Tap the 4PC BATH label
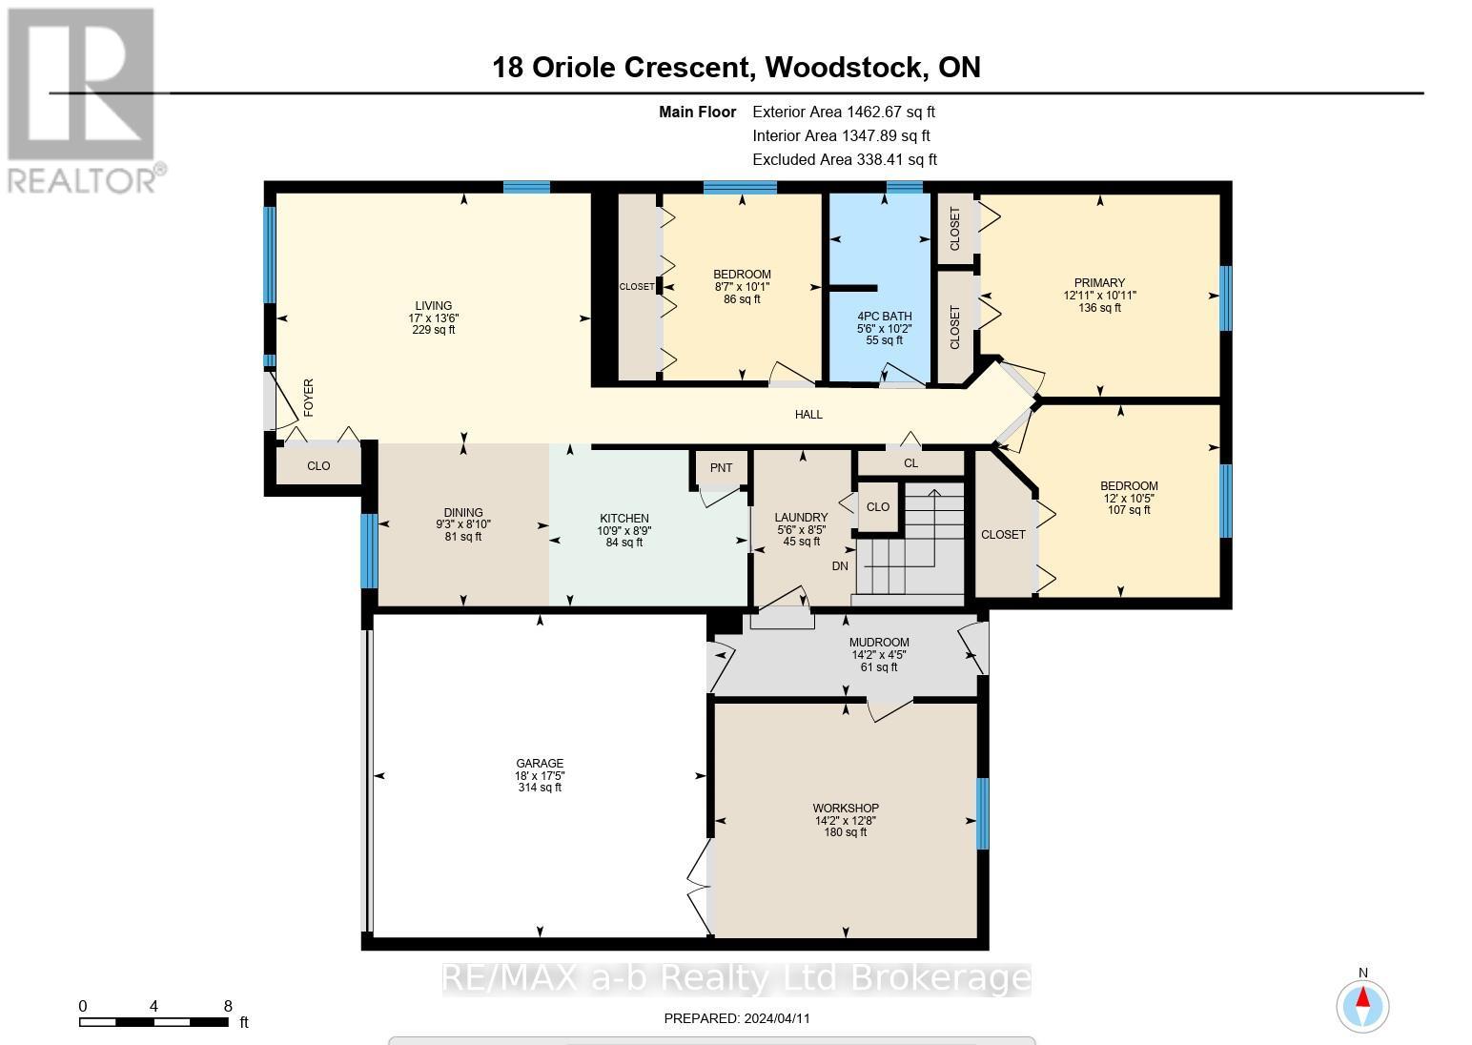pos(884,317)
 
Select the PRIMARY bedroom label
pos(1099,283)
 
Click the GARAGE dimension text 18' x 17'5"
pos(540,775)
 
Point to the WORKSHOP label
pos(846,809)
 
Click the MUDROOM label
pos(879,643)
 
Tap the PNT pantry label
pos(721,467)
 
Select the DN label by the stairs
pos(840,566)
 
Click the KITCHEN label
pos(624,519)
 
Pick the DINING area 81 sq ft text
pos(463,537)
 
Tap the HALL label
pos(808,415)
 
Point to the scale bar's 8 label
pos(227,1006)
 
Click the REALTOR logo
pos(84,100)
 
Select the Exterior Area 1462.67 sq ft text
pos(844,113)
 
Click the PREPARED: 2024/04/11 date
pos(736,1018)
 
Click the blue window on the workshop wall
pos(982,813)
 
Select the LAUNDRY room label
pos(801,518)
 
